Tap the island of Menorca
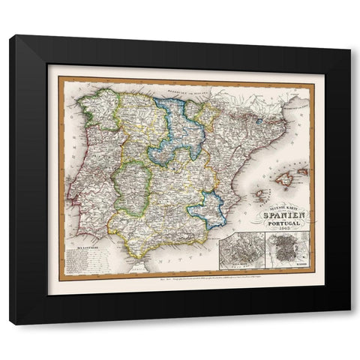click(303, 172)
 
